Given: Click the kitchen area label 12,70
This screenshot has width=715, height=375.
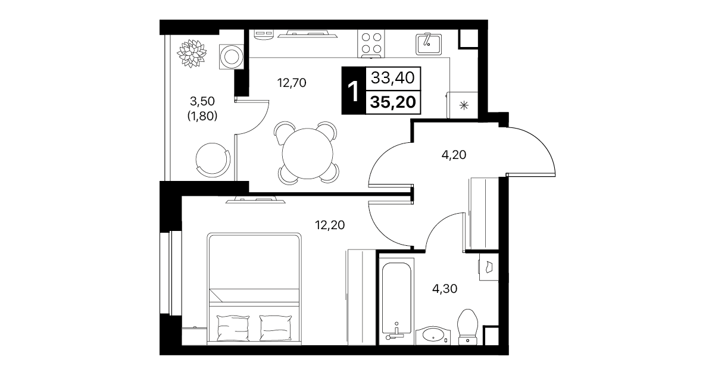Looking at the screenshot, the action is coord(292,83).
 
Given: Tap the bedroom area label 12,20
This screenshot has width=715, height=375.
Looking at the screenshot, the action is coord(330,226).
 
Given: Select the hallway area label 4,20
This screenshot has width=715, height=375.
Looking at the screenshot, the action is coord(454,155).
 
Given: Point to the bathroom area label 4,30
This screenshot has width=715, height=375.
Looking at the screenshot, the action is coord(445,289).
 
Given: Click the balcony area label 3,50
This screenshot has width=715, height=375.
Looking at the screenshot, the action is coord(202,102).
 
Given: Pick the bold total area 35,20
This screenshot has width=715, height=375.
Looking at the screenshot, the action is coord(393,102).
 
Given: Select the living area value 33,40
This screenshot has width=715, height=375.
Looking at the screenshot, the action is coord(393,77).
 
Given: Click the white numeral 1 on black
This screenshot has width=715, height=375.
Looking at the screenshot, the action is coord(354,91).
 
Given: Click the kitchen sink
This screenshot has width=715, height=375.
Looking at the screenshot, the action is coord(429,45).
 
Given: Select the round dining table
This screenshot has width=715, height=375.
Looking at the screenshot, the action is coord(307,154).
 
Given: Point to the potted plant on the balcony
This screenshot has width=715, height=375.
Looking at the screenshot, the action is coord(192,54).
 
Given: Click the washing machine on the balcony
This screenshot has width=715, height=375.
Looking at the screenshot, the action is coord(232,57).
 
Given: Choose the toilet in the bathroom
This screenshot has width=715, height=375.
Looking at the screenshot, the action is coord(467,327).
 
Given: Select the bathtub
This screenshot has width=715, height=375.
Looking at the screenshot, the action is coord(396,302).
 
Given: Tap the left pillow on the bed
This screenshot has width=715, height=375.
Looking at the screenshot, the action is coord(233,328).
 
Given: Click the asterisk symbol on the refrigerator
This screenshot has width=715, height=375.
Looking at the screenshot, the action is coord(464,105).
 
